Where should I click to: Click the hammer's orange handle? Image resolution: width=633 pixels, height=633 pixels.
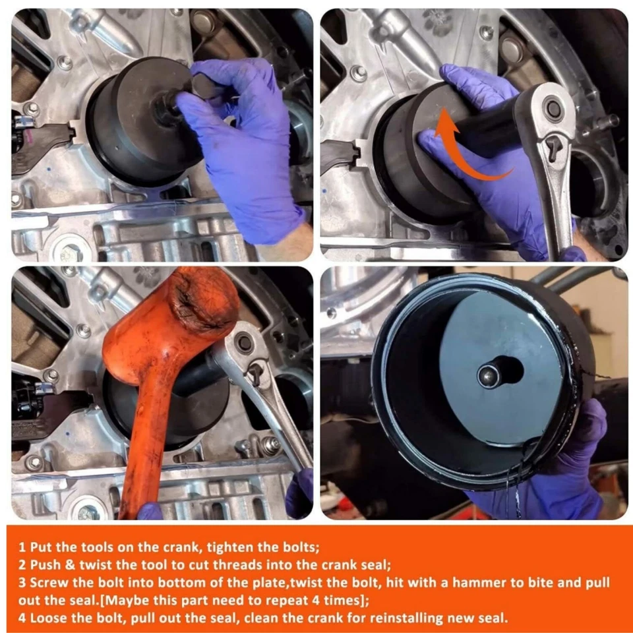coord(141,448)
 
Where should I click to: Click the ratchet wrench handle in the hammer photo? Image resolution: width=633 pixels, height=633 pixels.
coord(277,422)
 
